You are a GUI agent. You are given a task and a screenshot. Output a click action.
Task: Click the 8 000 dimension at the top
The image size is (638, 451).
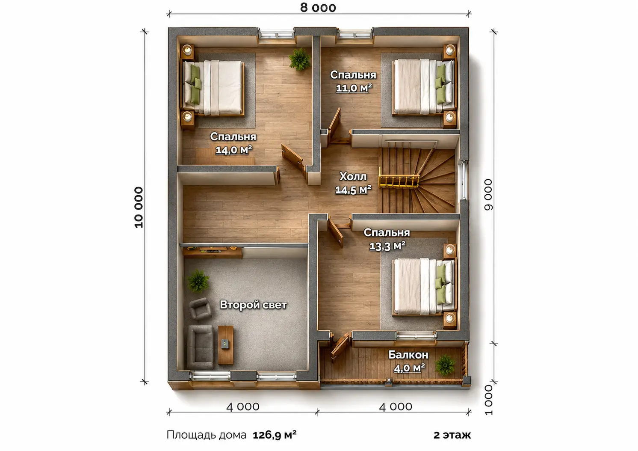[318, 8]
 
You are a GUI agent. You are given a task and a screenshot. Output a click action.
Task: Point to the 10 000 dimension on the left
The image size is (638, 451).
[139, 207]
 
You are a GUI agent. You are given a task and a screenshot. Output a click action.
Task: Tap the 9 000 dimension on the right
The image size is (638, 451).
[488, 195]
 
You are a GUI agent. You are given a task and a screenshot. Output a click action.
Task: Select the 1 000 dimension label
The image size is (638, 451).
[488, 400]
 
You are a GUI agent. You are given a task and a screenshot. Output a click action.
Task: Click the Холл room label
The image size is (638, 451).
[353, 177]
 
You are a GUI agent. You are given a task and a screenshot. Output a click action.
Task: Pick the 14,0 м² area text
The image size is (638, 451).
[233, 150]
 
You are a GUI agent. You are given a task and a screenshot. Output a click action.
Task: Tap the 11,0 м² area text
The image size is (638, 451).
[354, 88]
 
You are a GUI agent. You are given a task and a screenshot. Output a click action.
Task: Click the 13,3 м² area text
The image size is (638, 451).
[387, 246]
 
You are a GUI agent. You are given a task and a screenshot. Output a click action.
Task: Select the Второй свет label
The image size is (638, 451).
[253, 305]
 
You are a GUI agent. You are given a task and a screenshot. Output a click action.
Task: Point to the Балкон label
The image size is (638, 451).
[408, 355]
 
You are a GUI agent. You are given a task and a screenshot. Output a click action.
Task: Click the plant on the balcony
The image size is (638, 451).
[445, 365]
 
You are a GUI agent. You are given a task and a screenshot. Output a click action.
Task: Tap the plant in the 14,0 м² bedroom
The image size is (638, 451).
[299, 59]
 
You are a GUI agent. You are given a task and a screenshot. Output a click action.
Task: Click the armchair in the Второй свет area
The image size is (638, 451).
[200, 309]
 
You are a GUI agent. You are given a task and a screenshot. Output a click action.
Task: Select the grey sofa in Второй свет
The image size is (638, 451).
[201, 347]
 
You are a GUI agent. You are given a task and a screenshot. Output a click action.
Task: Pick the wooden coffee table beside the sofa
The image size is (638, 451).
[226, 345]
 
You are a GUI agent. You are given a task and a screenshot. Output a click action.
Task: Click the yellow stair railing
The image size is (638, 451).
[399, 181]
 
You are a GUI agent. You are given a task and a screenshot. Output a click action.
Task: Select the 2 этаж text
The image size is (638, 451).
[452, 435]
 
